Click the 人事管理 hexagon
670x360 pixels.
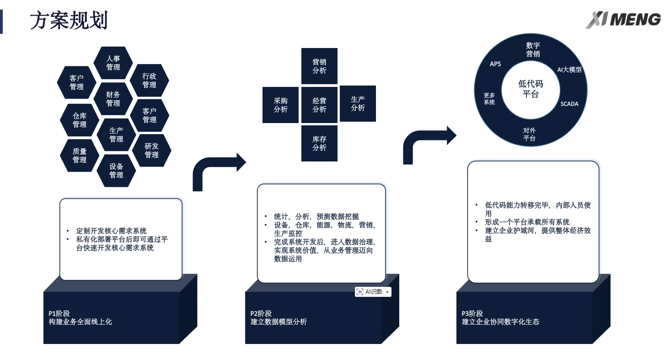pyautogui.click(x=113, y=63)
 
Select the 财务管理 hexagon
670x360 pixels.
pyautogui.click(x=113, y=99)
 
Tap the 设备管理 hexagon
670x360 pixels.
pyautogui.click(x=116, y=171)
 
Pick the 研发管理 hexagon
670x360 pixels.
pyautogui.click(x=151, y=150)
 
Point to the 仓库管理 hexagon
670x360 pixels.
pyautogui.click(x=80, y=120)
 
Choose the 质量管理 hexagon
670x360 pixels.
pyautogui.click(x=80, y=156)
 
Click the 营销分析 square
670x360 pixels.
pyautogui.click(x=319, y=66)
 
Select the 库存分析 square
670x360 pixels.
pyautogui.click(x=319, y=143)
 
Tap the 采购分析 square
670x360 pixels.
pyautogui.click(x=280, y=105)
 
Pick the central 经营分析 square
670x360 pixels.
pyautogui.click(x=319, y=105)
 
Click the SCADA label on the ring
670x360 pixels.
pyautogui.click(x=569, y=104)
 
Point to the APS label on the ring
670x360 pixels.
pyautogui.click(x=495, y=64)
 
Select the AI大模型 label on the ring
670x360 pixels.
pyautogui.click(x=569, y=70)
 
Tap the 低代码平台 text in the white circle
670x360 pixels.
pyautogui.click(x=531, y=89)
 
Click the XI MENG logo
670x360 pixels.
pyautogui.click(x=623, y=20)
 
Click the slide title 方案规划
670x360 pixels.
pyautogui.click(x=69, y=21)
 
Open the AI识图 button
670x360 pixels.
pyautogui.click(x=373, y=292)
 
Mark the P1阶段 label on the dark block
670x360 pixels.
pyautogui.click(x=59, y=313)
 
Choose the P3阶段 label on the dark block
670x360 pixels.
pyautogui.click(x=472, y=313)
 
